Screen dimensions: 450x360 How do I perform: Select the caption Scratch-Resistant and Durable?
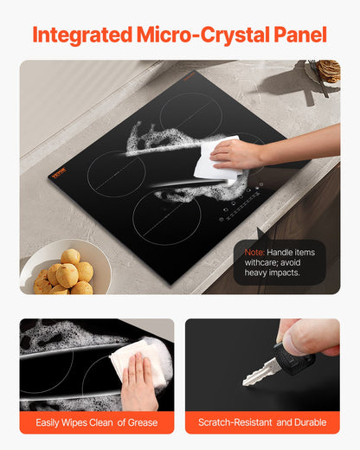click(262, 422)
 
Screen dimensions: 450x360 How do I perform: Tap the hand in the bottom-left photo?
click(138, 382)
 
